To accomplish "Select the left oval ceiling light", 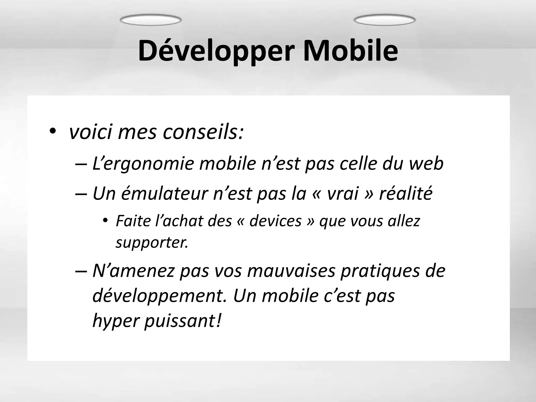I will coord(150,20).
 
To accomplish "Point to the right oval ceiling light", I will coord(384,20).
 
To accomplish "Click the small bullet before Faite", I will coord(105,220).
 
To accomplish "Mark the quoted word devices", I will coord(276,221).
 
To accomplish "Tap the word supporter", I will coord(152,242).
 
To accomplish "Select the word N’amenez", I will coord(133,271).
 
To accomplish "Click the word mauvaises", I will coord(291,271).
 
